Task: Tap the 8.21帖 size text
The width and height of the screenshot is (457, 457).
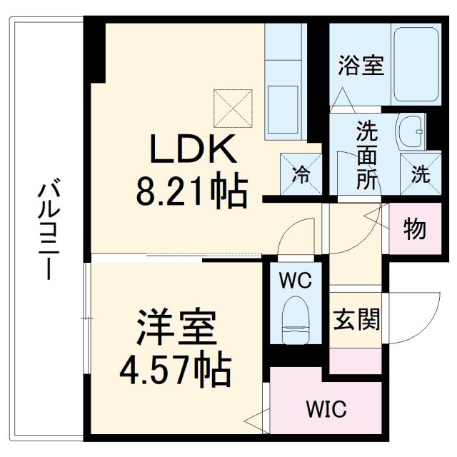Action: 191,191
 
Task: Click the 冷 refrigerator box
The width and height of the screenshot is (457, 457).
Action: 300,173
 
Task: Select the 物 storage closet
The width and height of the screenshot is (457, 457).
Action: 414,229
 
